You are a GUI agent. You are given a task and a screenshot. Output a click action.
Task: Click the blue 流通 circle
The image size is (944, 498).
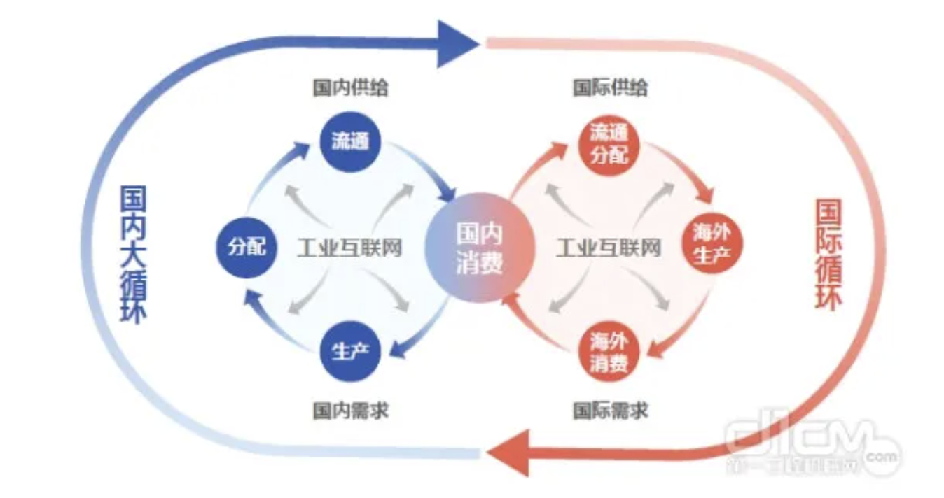tap(349, 142)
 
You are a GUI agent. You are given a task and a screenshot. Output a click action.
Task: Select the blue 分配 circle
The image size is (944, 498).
tap(247, 247)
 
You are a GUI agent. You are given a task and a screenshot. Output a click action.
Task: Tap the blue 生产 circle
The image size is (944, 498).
tap(349, 351)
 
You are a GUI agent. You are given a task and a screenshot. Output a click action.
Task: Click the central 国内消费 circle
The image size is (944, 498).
tap(480, 248)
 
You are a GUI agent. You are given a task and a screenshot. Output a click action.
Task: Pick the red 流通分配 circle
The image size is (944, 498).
tap(608, 143)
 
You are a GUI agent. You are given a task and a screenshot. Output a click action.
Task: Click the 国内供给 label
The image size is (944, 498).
tap(350, 87)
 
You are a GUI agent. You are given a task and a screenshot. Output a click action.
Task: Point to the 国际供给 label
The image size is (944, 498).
tap(610, 87)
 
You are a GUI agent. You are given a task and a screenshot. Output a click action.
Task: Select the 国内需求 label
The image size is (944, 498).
tap(350, 410)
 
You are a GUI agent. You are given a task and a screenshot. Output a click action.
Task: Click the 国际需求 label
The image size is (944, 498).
tap(610, 410)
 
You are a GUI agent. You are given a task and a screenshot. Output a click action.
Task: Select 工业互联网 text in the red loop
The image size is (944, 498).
tap(609, 248)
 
